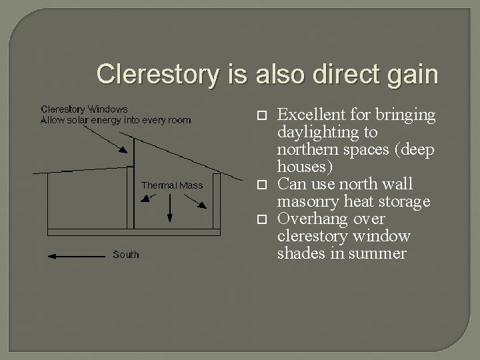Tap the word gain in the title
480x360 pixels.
point(411,74)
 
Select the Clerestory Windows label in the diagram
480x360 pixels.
point(84,109)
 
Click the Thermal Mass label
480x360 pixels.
point(172,185)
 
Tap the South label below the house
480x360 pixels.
point(125,254)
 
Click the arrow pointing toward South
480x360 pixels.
point(73,255)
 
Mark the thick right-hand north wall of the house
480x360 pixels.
point(216,201)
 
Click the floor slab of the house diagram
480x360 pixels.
point(133,232)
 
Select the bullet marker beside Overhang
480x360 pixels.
point(261,219)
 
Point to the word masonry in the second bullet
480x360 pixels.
point(307,201)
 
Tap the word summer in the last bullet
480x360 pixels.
point(381,253)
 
